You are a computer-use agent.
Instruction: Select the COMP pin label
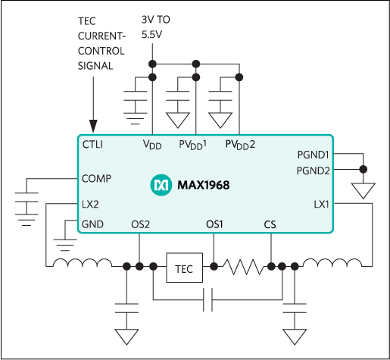(x=96, y=179)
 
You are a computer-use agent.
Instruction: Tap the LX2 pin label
(x=90, y=204)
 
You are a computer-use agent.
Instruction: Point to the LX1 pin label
(x=322, y=204)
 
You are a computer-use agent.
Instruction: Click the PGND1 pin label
(x=314, y=155)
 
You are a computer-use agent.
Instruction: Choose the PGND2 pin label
(x=314, y=170)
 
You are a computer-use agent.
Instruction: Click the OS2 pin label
(x=140, y=224)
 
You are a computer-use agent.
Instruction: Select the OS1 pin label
(x=214, y=224)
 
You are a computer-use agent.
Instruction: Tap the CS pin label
(x=270, y=224)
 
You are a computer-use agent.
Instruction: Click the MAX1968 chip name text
(x=203, y=185)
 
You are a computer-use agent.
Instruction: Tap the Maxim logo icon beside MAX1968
(x=161, y=185)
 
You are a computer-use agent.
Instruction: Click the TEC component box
(x=184, y=267)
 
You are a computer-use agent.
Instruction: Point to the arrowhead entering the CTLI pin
(x=93, y=126)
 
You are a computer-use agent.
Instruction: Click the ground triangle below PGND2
(x=363, y=189)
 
